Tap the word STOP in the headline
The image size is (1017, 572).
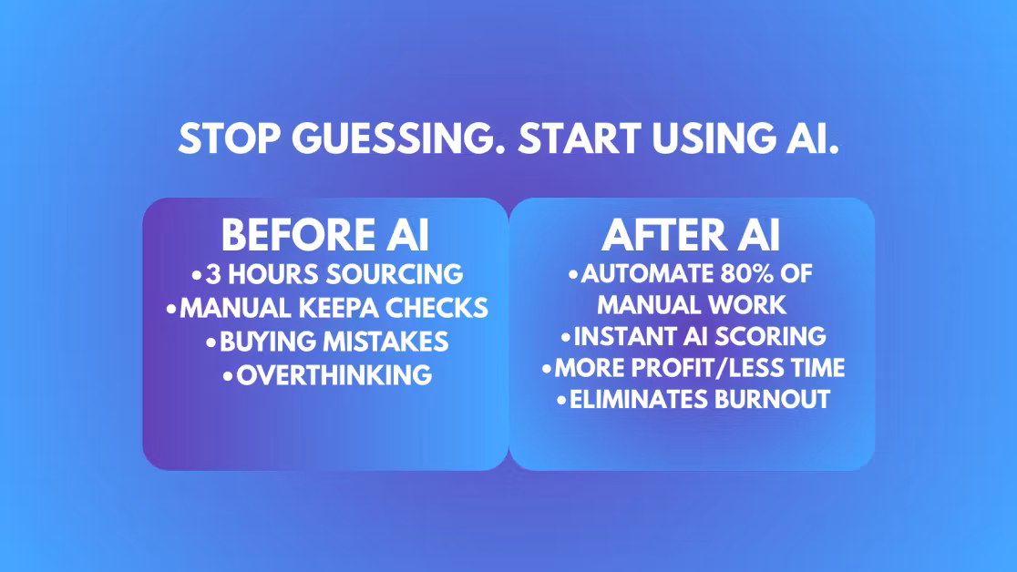click(230, 138)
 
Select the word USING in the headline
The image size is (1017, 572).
click(714, 138)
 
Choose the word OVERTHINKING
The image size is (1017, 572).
click(334, 375)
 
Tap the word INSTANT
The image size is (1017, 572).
click(625, 337)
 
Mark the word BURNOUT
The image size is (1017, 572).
click(773, 400)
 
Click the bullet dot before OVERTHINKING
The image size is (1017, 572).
click(228, 375)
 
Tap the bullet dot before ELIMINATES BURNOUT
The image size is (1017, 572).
click(561, 400)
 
